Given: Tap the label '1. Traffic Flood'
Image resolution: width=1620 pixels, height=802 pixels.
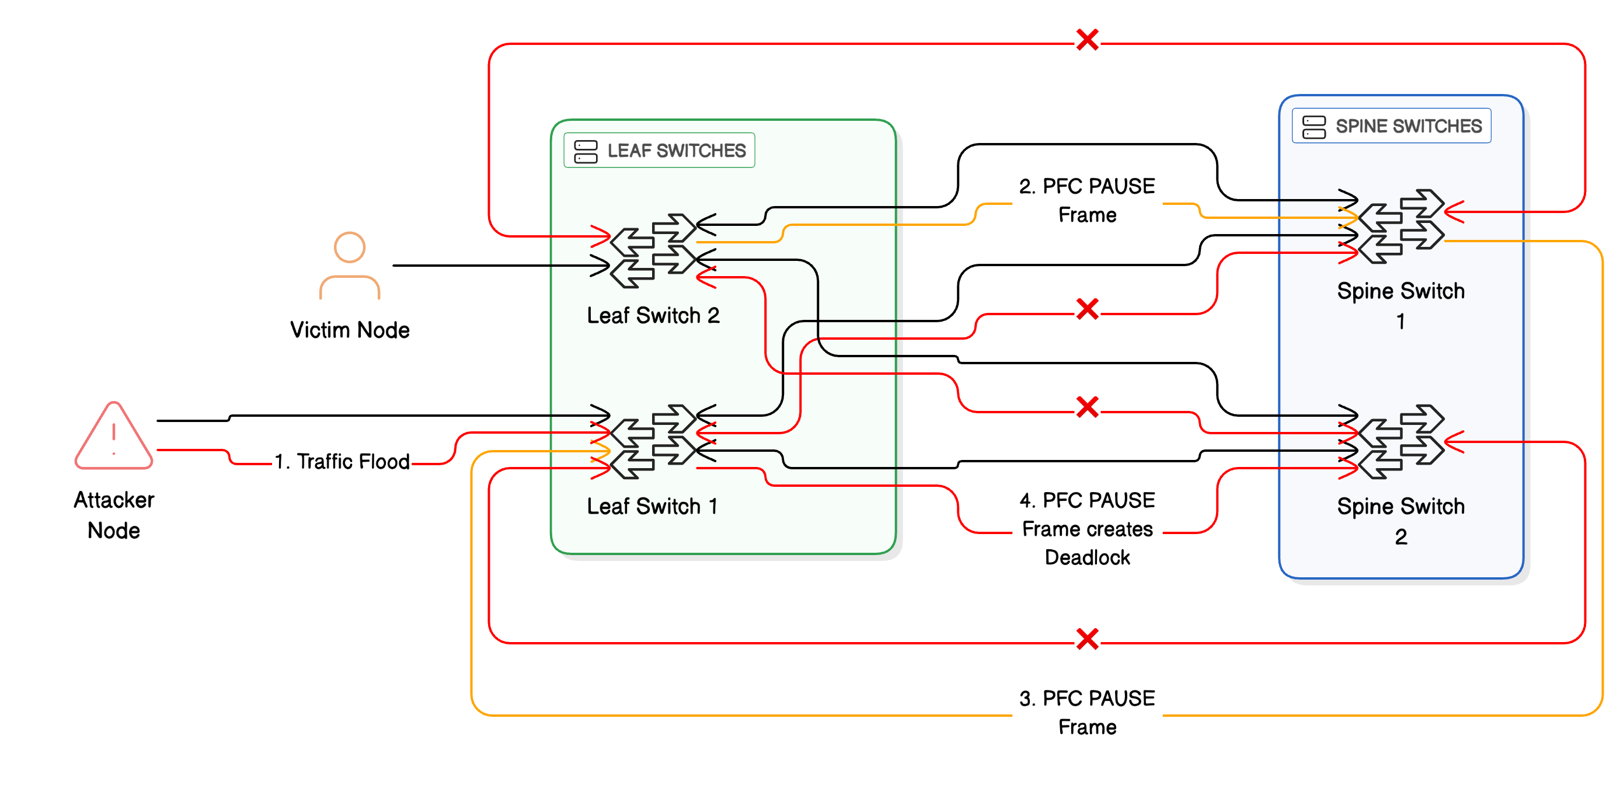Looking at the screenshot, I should tap(342, 461).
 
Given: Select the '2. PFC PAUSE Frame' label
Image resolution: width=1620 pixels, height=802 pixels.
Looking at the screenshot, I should tap(1086, 200).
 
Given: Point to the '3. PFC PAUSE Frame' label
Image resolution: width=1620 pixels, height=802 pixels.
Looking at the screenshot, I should tap(1086, 712).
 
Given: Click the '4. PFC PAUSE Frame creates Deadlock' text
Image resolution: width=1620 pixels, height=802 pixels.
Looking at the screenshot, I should tap(1086, 528).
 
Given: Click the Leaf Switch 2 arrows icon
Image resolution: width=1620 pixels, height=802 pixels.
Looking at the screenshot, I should tap(653, 251).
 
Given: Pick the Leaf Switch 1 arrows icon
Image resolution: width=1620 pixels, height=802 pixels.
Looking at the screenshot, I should tap(653, 442).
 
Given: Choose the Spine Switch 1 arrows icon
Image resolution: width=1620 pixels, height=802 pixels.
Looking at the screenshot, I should tap(1400, 226).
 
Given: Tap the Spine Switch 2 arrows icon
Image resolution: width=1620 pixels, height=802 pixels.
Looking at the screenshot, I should tap(1400, 442).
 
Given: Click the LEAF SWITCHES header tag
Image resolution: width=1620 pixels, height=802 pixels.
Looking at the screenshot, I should tap(659, 151).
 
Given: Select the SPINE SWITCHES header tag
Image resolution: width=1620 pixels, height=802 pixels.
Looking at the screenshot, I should tap(1391, 126).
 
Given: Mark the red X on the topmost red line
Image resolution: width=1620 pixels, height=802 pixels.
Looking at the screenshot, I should tap(1086, 40).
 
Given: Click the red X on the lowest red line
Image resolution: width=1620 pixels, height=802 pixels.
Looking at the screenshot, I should tap(1086, 639).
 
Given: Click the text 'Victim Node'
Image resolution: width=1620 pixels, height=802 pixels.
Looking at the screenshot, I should tap(350, 330).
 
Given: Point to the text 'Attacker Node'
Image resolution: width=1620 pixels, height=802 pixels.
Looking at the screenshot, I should tap(114, 515).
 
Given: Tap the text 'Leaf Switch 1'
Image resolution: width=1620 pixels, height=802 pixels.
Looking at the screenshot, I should tap(652, 507).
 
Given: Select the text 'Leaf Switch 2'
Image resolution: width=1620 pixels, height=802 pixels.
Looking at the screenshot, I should tap(653, 316).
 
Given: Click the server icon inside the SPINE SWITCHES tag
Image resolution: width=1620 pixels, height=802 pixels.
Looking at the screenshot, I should tap(1314, 127).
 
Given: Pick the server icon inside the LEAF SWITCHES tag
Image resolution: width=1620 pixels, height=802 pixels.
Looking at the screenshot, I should tap(586, 151).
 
